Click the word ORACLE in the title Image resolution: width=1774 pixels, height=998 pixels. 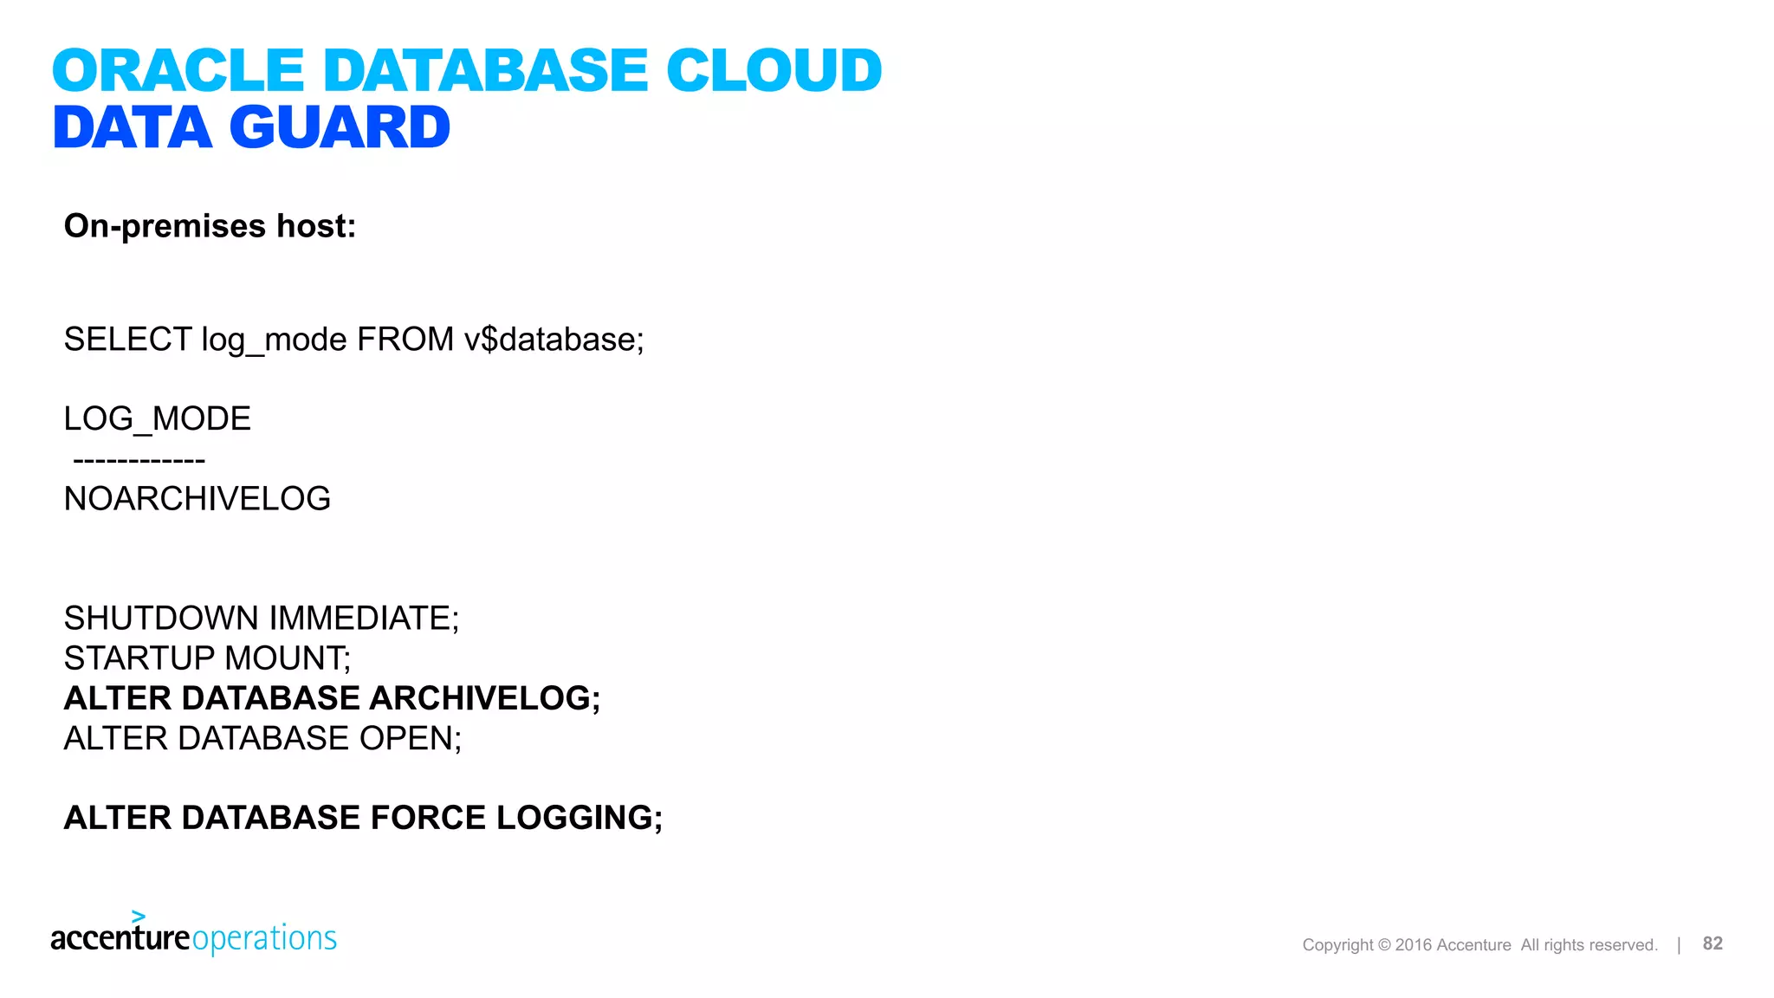(x=178, y=70)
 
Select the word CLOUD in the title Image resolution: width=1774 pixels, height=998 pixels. (x=774, y=70)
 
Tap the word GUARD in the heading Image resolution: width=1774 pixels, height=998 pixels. (x=340, y=128)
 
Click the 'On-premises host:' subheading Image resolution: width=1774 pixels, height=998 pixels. (x=210, y=226)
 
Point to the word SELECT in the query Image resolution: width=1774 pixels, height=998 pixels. (x=127, y=340)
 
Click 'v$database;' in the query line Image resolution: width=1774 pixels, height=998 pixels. (x=554, y=340)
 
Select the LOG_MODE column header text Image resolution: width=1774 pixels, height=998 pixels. (x=157, y=419)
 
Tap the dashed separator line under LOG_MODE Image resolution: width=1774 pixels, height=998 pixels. (x=139, y=460)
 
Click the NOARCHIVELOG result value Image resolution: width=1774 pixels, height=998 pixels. (x=197, y=499)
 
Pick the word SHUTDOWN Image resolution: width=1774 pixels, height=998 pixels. (x=161, y=619)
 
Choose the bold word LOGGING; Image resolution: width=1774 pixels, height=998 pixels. (x=579, y=818)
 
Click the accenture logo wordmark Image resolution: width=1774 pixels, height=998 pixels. (x=120, y=937)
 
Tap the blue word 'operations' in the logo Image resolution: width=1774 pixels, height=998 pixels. (x=264, y=939)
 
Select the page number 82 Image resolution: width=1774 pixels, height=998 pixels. (x=1712, y=943)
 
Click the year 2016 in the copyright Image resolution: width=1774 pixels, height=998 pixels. (x=1414, y=945)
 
